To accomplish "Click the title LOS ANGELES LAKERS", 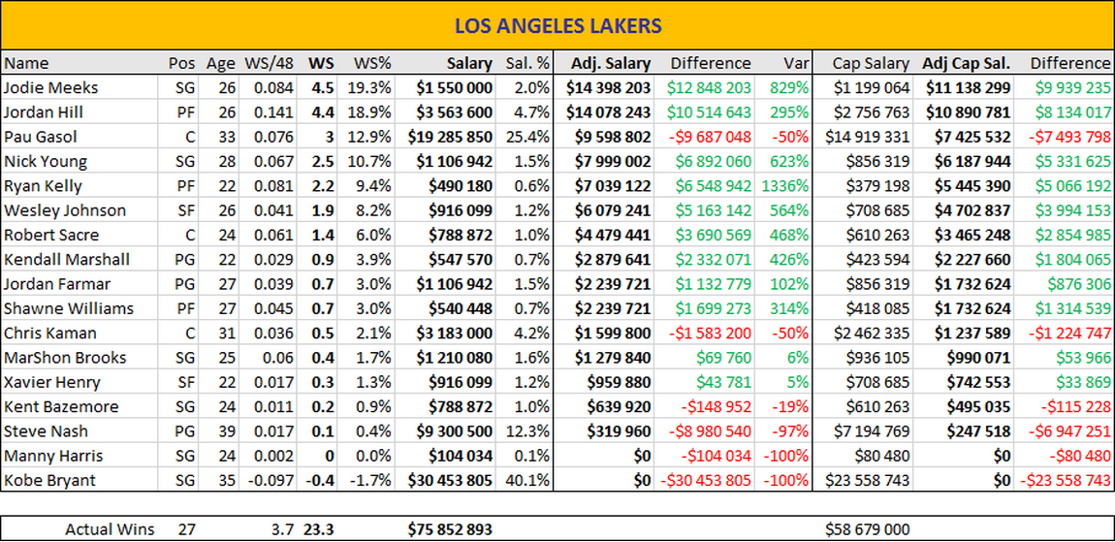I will click(x=557, y=24).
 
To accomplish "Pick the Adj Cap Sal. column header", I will click(x=966, y=63).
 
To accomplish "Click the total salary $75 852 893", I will click(x=450, y=529).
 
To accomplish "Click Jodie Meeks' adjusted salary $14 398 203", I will click(x=609, y=87).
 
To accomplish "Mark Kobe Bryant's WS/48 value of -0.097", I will click(x=271, y=480).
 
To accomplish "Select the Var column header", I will click(x=796, y=63).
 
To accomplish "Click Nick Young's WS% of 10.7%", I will click(x=371, y=161).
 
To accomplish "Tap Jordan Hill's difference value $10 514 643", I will click(x=708, y=112).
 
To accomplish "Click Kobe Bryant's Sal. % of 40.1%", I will click(x=528, y=480).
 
